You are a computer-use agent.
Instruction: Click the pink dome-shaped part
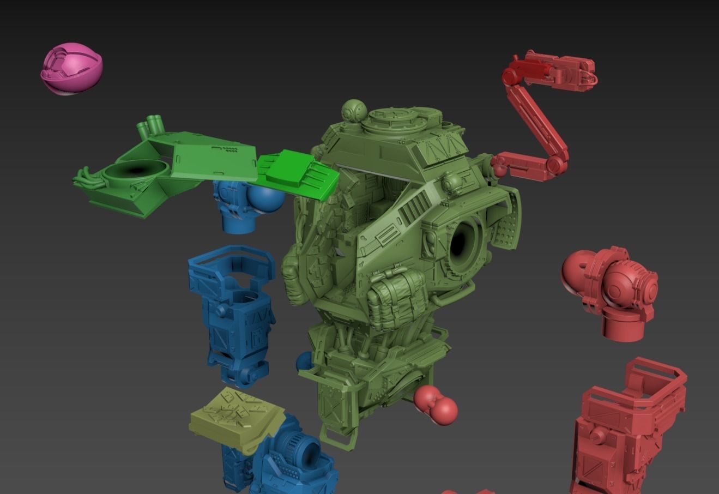tap(71, 70)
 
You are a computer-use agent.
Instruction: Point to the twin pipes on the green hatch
tap(151, 125)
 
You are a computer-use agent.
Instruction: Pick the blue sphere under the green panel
tap(267, 200)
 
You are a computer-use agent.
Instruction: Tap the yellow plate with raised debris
tap(237, 417)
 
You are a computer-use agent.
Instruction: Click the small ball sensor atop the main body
tap(353, 111)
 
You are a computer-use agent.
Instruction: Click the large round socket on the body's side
tap(463, 240)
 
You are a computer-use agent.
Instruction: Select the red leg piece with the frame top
tap(627, 425)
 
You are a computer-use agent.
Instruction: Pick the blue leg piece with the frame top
tap(234, 311)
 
